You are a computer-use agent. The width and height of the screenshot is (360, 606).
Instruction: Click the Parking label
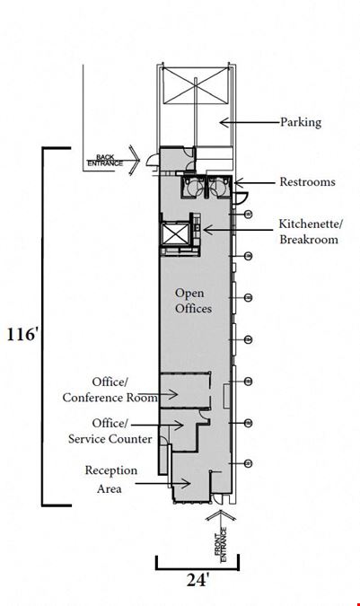pos(301,122)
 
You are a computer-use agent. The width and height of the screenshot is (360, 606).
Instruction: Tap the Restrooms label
pos(307,181)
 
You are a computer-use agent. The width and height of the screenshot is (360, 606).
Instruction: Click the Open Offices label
pos(193,301)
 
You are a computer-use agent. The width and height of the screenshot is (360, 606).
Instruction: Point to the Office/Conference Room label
pos(110,390)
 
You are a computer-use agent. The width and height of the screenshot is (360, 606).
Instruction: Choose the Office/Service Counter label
pos(110,431)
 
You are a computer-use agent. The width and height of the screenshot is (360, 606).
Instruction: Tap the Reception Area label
pos(110,479)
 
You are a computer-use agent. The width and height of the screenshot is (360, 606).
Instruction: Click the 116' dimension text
pos(22,334)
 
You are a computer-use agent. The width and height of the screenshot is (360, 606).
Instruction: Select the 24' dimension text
pos(198,580)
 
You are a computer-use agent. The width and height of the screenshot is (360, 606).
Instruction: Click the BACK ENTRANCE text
pos(105,161)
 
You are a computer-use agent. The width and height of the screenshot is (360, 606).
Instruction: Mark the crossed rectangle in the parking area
pos(195,85)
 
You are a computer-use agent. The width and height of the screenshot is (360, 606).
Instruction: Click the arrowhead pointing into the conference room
pos(173,395)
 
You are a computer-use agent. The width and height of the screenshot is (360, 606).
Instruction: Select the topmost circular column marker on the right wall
pos(249,214)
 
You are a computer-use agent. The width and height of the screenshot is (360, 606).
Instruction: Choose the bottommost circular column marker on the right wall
pos(249,463)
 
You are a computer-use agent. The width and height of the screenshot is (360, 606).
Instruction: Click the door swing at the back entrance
pos(153,160)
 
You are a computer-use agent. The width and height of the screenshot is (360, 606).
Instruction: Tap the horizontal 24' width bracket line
pos(198,569)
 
